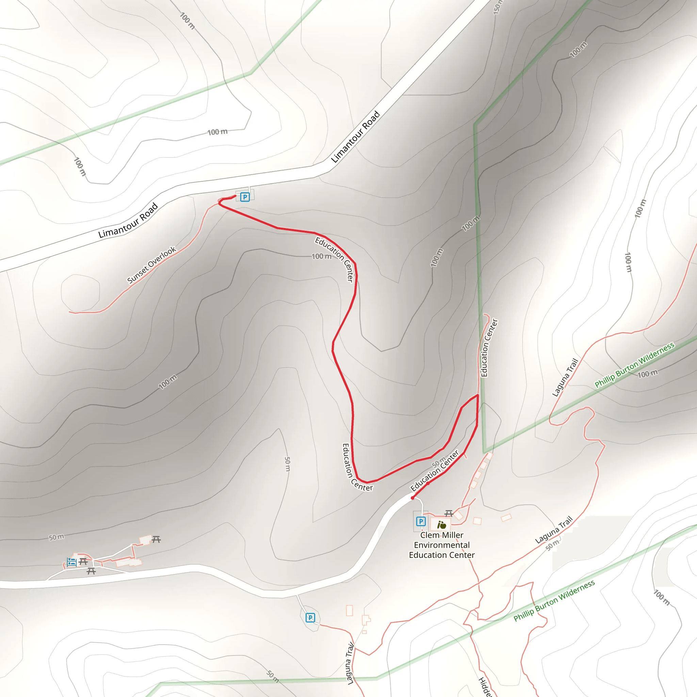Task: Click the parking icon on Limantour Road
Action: point(245,197)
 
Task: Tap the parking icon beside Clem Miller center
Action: point(421,521)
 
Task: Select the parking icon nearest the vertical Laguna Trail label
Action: point(310,618)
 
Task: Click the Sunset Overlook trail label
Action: point(151,265)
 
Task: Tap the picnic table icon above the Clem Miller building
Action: point(449,513)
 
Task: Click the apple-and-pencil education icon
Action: point(441,525)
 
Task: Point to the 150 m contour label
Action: point(498,7)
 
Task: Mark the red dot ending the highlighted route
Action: point(413,498)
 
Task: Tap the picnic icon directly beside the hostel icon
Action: point(83,561)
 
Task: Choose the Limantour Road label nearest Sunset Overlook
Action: point(128,220)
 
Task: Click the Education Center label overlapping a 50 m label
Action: point(435,470)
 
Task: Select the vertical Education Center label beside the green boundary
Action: point(489,348)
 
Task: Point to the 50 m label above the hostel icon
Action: point(56,537)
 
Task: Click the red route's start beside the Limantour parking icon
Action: point(235,196)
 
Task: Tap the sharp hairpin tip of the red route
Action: point(477,395)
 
